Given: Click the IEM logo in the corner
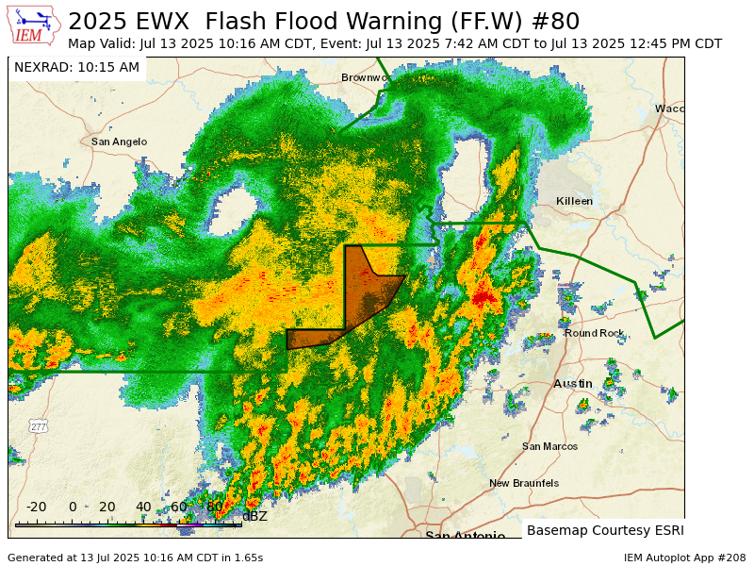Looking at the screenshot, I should coord(32,25).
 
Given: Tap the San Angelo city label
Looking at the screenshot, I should coord(119,141).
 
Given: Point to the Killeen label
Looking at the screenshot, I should coord(574,201).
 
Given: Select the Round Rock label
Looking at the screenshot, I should coord(594,333).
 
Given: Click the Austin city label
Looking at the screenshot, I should coord(572,384).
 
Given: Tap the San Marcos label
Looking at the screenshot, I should coord(549,446).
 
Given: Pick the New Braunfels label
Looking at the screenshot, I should coord(523,483).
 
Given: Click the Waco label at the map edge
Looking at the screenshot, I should coord(669,108).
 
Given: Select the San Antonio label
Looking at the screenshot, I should coord(465,536).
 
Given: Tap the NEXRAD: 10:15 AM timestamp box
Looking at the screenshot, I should coord(76,68).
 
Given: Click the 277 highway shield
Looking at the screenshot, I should coord(38,426).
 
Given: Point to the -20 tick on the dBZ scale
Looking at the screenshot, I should coord(36,507).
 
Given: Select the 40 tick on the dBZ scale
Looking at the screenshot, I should coord(143,507).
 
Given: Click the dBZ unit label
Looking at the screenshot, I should coord(254,516).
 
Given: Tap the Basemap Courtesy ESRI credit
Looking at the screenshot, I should coord(605,530).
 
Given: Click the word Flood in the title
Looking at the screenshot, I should coord(305,21).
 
